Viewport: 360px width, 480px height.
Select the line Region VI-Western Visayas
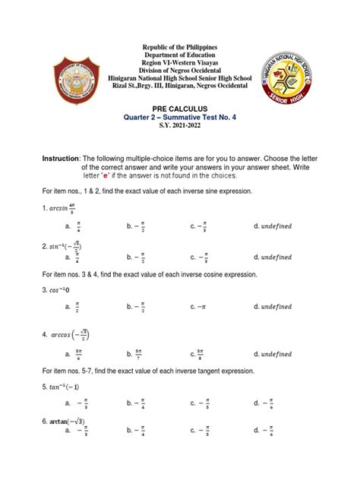click(x=180, y=67)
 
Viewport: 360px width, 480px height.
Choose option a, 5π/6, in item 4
click(x=74, y=354)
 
